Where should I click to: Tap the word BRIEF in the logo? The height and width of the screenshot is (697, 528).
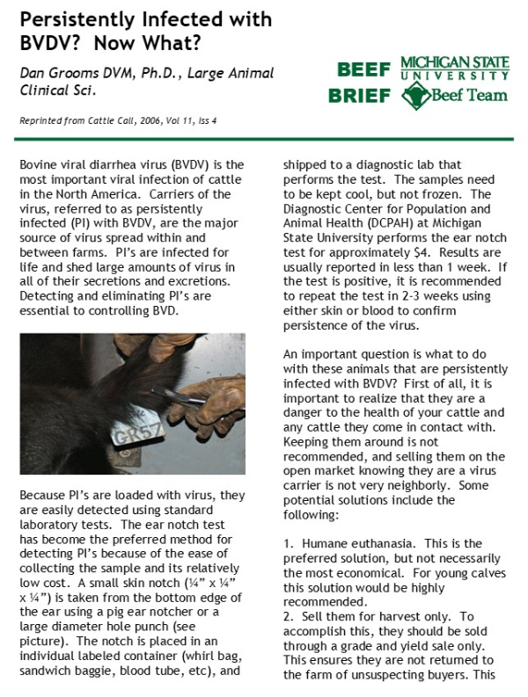coord(358,96)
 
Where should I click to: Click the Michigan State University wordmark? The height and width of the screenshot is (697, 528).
coord(454,69)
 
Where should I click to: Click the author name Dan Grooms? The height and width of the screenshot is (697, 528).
coord(59,73)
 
